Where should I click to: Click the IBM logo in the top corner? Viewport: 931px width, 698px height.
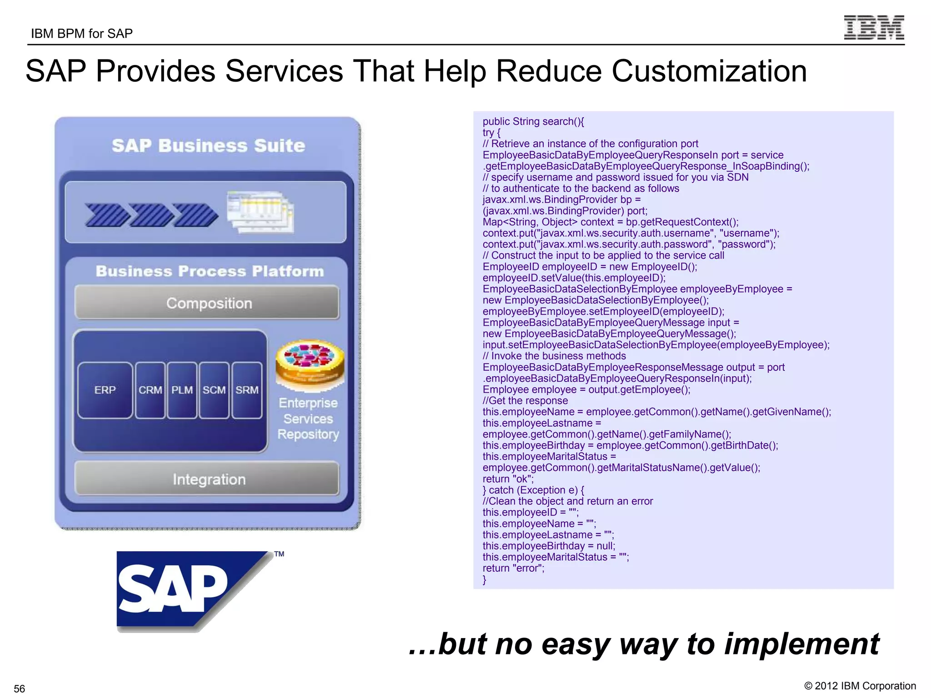[874, 27]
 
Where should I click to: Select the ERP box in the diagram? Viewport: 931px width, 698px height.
[105, 390]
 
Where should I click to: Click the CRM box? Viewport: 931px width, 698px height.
[150, 390]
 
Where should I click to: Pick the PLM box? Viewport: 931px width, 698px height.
[182, 390]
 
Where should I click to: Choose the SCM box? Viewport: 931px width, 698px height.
[214, 390]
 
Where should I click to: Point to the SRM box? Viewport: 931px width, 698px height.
[247, 390]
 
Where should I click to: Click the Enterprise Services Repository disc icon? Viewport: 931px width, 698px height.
[310, 364]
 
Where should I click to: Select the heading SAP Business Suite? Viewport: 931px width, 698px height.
[208, 145]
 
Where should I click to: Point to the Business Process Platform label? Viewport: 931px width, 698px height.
[210, 271]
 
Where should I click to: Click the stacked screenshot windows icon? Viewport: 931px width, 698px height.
[260, 212]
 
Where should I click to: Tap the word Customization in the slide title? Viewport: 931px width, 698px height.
[709, 71]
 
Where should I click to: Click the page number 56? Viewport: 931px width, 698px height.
[20, 688]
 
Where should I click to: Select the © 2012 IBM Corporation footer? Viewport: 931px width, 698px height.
[860, 686]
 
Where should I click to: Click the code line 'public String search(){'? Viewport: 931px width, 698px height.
[533, 121]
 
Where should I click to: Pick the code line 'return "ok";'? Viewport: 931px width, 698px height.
[508, 479]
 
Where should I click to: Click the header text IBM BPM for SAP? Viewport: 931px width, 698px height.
[82, 34]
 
